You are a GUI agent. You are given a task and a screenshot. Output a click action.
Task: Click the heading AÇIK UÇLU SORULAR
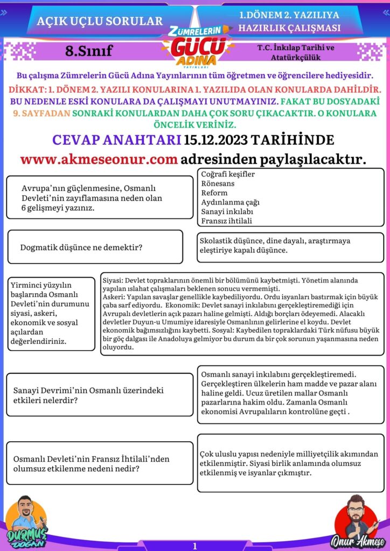[100, 22]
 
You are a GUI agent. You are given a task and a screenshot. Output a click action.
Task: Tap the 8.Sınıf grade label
[88, 51]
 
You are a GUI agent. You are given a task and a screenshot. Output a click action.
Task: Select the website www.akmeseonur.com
[99, 159]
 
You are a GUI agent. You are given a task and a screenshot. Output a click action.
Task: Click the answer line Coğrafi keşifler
[228, 174]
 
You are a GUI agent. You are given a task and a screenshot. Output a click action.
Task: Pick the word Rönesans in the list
[214, 183]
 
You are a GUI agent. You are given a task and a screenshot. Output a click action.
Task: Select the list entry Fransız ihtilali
[226, 221]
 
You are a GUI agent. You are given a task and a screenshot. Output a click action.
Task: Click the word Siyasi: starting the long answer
[113, 281]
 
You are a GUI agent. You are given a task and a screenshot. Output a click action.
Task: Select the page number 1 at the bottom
[194, 546]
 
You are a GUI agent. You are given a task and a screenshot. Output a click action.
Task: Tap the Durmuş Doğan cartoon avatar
[27, 519]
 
